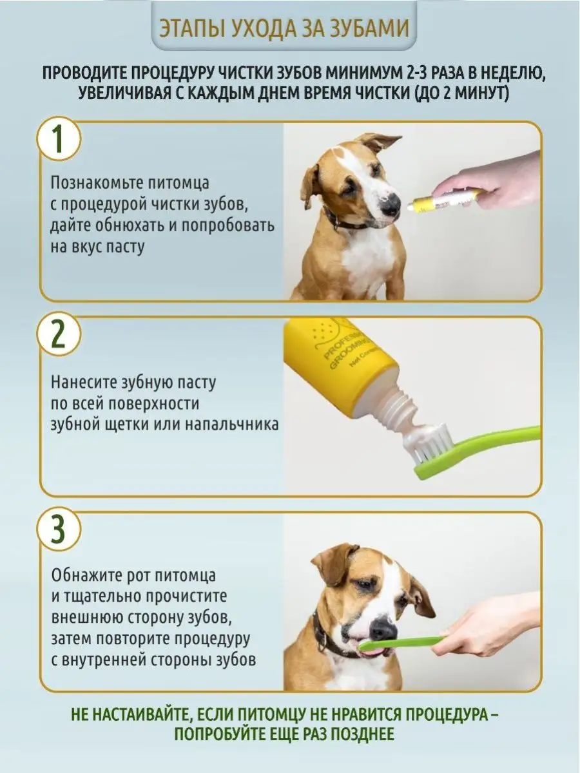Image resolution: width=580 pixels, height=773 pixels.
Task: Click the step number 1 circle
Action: click(59, 139)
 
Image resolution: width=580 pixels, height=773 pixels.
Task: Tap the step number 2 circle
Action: click(59, 334)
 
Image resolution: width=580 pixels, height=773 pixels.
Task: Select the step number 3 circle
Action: click(59, 530)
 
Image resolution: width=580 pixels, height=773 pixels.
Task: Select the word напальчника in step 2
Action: click(232, 425)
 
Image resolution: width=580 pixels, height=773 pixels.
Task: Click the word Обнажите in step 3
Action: click(90, 575)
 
